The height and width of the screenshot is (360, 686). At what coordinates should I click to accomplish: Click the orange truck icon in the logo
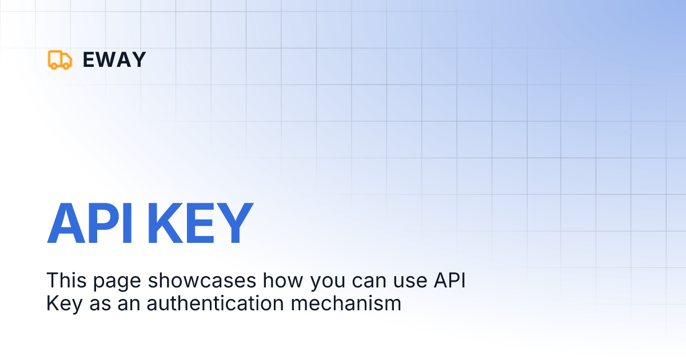point(60,59)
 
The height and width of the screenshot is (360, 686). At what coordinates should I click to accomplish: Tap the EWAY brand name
point(114,59)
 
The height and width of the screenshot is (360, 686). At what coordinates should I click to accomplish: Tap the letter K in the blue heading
point(163,223)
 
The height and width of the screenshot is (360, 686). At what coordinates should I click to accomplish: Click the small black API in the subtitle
point(449,281)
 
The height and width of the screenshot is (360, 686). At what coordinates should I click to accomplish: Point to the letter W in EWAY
point(107,59)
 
